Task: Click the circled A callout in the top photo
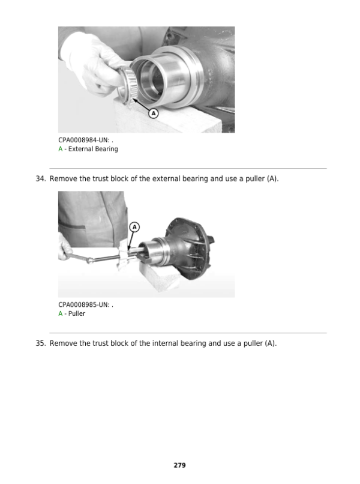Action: [x=154, y=113]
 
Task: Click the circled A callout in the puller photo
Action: [x=134, y=227]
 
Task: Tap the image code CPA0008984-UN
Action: [x=83, y=140]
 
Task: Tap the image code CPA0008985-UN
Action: [x=83, y=304]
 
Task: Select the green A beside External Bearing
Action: [x=61, y=149]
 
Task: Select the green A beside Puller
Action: [x=61, y=313]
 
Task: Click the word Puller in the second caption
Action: [x=77, y=313]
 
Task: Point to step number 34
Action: [x=40, y=179]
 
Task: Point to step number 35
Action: [x=40, y=343]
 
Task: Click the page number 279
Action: [x=179, y=465]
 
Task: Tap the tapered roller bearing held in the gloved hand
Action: [x=127, y=85]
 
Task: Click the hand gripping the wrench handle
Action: [x=64, y=247]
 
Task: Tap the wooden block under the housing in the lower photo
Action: [x=160, y=276]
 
